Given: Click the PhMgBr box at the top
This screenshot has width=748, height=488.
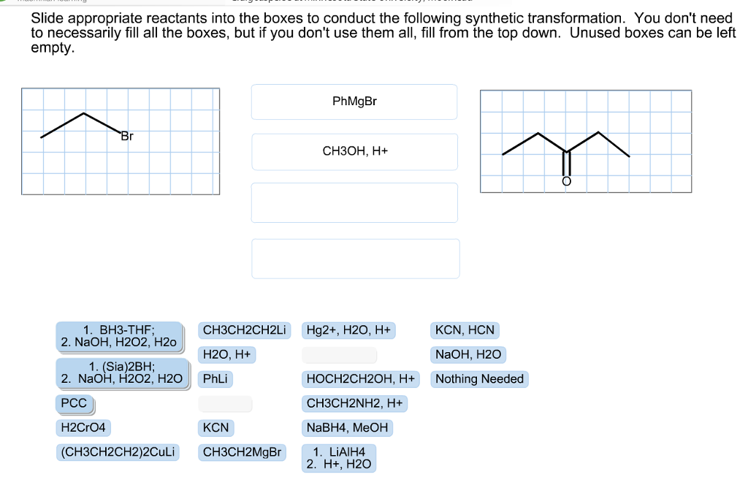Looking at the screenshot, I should (354, 102).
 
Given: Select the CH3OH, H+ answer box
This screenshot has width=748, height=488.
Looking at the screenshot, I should (354, 151).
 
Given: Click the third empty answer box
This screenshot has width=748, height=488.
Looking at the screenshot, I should (354, 202).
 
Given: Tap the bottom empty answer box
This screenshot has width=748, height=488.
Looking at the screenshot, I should (355, 258).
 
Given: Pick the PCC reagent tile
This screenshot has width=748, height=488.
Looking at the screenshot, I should (74, 403).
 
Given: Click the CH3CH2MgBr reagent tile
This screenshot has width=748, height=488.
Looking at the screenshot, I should (242, 451).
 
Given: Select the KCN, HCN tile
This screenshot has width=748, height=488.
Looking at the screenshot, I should (465, 330).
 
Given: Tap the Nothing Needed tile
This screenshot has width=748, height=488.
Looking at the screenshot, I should (479, 378).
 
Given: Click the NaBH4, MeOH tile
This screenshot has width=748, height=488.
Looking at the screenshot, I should (347, 427).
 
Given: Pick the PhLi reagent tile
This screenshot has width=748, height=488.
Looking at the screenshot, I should (215, 379).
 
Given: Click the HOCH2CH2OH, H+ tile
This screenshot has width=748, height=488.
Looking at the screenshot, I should (361, 379).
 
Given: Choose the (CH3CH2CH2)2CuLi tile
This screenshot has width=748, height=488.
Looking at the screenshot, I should (118, 451).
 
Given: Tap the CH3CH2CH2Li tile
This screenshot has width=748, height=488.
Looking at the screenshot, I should (245, 330).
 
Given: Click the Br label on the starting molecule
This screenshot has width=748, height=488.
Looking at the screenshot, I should (127, 136).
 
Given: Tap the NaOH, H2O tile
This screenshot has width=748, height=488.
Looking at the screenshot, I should (468, 354).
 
